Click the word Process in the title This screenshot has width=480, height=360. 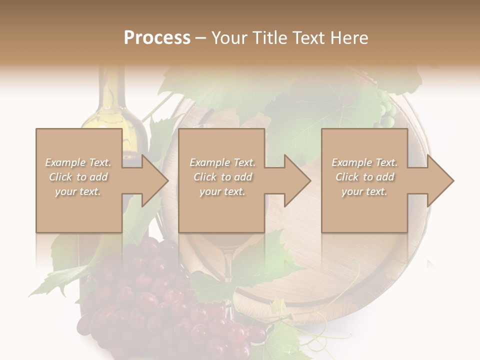tap(157, 38)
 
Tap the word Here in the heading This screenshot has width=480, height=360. tap(348, 38)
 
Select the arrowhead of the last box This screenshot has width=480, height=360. tap(439, 180)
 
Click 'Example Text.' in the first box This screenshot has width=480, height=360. tap(78, 162)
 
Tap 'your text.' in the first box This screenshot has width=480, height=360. tap(78, 191)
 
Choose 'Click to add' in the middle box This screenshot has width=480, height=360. tap(222, 177)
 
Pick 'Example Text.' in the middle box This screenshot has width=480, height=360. tap(222, 162)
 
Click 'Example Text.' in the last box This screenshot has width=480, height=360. tap(364, 162)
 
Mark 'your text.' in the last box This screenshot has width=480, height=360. tap(364, 191)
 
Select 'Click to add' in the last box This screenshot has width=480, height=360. tap(364, 177)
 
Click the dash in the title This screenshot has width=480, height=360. tap(201, 38)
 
